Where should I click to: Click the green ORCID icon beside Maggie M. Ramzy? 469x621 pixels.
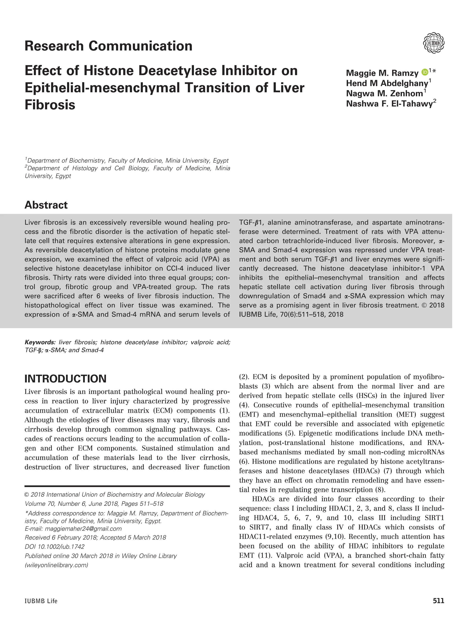pyautogui.click(x=425, y=72)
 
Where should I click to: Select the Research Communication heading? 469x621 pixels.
pyautogui.click(x=108, y=46)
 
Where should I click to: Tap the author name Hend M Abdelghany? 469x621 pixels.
pyautogui.click(x=387, y=83)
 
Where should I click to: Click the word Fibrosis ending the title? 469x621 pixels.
pyautogui.click(x=50, y=105)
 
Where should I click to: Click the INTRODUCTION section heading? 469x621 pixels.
pyautogui.click(x=65, y=379)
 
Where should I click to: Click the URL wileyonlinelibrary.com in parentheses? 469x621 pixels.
pyautogui.click(x=56, y=565)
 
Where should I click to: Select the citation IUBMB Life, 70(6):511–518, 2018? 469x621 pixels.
pyautogui.click(x=291, y=314)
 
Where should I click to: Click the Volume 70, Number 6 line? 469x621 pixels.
pyautogui.click(x=94, y=504)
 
